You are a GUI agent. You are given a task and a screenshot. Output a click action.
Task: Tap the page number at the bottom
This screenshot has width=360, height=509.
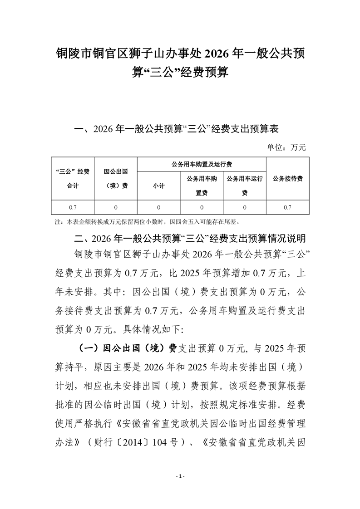click(180, 476)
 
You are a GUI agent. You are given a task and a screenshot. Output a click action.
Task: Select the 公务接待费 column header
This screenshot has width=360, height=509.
click(288, 179)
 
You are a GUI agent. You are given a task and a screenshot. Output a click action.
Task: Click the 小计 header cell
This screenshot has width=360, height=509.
click(158, 186)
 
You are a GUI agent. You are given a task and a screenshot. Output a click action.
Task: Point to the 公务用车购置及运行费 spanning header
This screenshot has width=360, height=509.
click(202, 164)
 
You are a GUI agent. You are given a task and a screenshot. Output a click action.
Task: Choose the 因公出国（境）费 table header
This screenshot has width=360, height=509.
click(115, 179)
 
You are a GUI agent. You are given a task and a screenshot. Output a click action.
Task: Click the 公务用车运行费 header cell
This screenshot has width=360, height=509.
click(245, 186)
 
